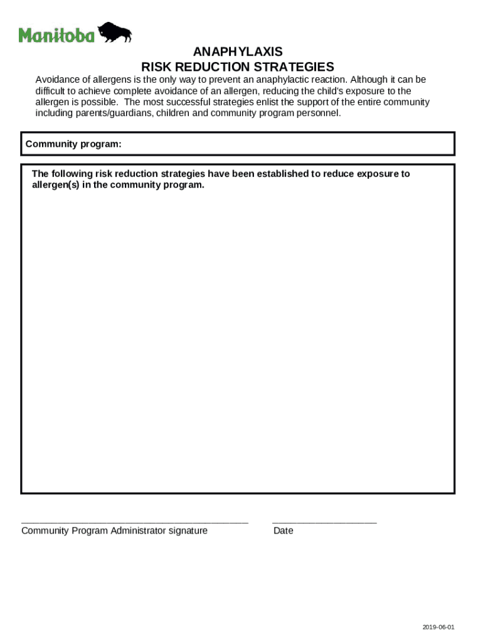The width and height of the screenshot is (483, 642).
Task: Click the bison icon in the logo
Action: click(115, 32)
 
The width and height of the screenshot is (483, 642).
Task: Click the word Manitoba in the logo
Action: click(56, 35)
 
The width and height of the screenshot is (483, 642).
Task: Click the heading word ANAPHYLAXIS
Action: click(238, 52)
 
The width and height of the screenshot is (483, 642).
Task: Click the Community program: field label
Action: click(73, 144)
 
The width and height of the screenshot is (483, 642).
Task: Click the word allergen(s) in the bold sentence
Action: click(56, 185)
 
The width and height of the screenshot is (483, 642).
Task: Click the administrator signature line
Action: click(135, 522)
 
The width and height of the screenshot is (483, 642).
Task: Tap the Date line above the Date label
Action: click(324, 522)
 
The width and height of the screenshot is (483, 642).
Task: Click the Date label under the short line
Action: click(283, 531)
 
